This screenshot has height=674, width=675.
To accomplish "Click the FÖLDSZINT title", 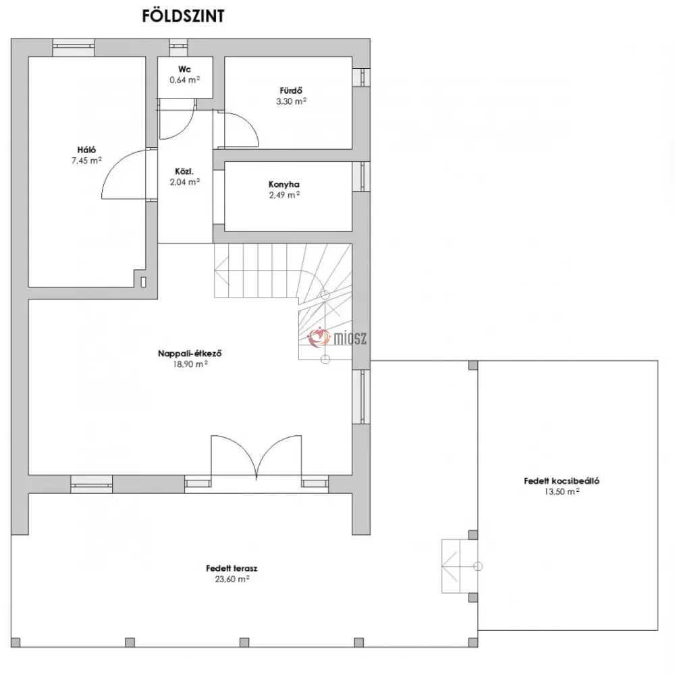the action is [183, 16].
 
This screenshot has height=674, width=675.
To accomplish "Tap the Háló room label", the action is [86, 150].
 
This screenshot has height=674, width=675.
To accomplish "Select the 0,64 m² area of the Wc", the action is [185, 80].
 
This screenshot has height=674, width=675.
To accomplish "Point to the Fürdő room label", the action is [291, 90].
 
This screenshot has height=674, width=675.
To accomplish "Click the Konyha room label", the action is [284, 184].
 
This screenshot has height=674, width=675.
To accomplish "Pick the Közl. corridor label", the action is [184, 171].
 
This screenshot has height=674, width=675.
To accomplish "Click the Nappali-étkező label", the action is [190, 354].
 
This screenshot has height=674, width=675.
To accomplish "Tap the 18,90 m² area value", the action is [190, 364].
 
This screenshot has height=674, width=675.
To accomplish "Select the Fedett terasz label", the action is [232, 568].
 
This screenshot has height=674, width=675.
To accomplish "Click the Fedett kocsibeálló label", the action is [562, 481].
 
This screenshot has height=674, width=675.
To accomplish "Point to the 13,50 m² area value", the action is [562, 492].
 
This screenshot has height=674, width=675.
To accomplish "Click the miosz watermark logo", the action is [337, 337].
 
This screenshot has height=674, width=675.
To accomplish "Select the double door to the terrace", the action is [256, 456].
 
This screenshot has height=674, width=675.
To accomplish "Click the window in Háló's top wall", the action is [73, 47].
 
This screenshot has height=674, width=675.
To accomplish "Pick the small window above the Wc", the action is [178, 47].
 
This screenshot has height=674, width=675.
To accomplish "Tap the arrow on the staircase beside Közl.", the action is [221, 270].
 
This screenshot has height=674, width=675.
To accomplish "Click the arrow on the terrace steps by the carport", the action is [450, 566].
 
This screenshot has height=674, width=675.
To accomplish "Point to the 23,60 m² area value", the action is [232, 579].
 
